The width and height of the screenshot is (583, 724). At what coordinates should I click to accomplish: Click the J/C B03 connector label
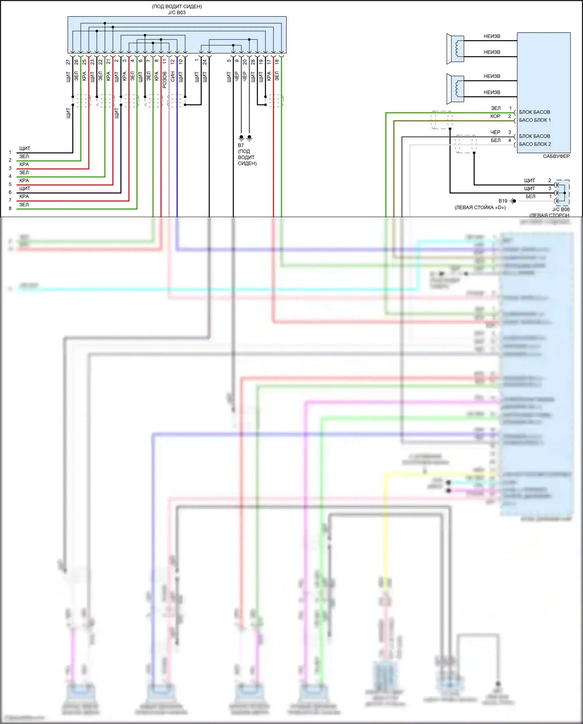point(177,12)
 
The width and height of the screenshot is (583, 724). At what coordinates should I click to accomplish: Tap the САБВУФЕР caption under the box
point(556,156)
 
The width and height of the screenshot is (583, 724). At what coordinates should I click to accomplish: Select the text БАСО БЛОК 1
point(535,120)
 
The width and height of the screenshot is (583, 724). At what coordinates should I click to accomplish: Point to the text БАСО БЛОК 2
point(535,144)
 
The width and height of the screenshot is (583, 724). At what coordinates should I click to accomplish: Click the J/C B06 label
point(561,209)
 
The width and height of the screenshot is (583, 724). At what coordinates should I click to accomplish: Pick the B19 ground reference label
point(503,201)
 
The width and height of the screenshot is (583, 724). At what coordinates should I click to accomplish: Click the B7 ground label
point(241,146)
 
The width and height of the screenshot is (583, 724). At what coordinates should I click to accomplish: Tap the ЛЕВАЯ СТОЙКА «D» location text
point(480,207)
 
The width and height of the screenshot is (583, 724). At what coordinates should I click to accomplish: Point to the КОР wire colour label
point(495,116)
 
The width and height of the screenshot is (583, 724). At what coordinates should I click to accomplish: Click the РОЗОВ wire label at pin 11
point(165,79)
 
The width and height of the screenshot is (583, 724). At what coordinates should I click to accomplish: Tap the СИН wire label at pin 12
point(173,77)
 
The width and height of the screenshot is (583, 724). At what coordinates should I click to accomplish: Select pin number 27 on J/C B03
point(68,62)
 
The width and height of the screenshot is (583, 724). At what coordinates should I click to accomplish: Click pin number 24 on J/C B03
point(205,62)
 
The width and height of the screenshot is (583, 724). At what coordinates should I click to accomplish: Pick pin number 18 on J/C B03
point(277,61)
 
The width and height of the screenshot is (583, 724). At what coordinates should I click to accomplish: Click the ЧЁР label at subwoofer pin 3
point(495,132)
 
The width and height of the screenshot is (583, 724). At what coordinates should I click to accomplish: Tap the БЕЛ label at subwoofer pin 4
point(495,140)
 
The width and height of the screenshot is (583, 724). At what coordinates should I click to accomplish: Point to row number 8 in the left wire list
point(10,209)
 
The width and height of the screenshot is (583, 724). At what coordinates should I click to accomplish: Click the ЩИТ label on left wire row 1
point(25,149)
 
